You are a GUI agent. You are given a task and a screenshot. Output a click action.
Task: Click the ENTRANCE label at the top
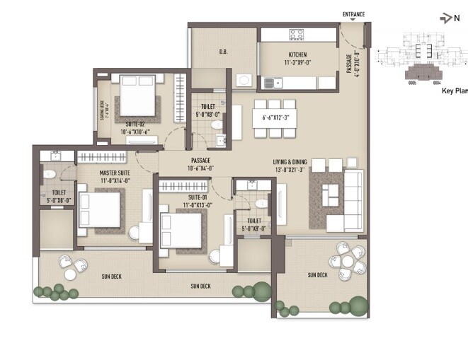coord(353,14)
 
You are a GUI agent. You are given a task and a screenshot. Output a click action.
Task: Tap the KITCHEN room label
coord(296,55)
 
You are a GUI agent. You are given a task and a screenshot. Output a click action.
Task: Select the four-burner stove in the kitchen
coord(296,35)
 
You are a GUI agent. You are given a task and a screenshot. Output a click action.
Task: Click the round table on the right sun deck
coord(347,262)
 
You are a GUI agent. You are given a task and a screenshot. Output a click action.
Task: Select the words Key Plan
coord(455,91)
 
